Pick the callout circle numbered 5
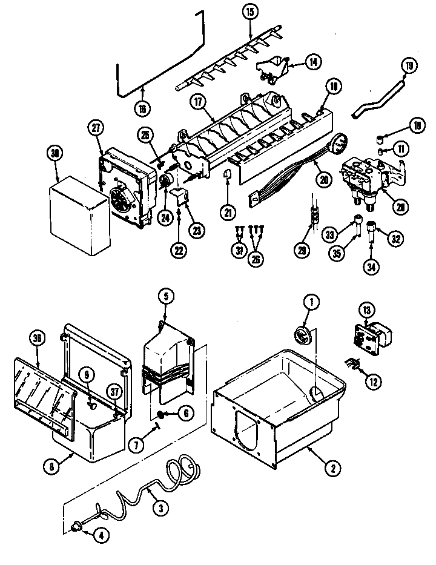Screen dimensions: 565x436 coord(166,297)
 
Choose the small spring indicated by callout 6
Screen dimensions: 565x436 coord(163,414)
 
